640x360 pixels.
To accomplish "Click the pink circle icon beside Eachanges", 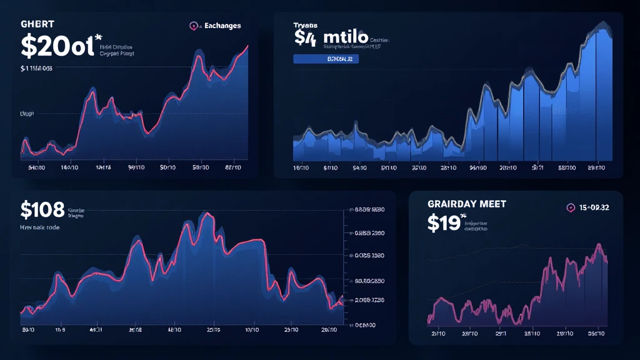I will [x=194, y=26].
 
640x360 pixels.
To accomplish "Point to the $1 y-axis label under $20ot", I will [x=36, y=69].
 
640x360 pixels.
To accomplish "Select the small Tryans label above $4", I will [x=306, y=26].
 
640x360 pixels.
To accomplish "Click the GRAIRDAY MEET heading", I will [x=466, y=204].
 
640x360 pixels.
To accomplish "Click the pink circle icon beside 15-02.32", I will [x=570, y=207].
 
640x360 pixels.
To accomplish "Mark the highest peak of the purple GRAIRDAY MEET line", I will [x=599, y=246].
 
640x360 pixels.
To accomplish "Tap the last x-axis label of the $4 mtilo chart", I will [x=596, y=168].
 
